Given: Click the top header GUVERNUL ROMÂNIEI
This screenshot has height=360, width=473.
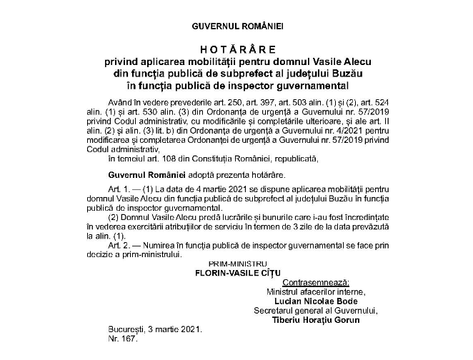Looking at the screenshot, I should coord(237,25).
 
